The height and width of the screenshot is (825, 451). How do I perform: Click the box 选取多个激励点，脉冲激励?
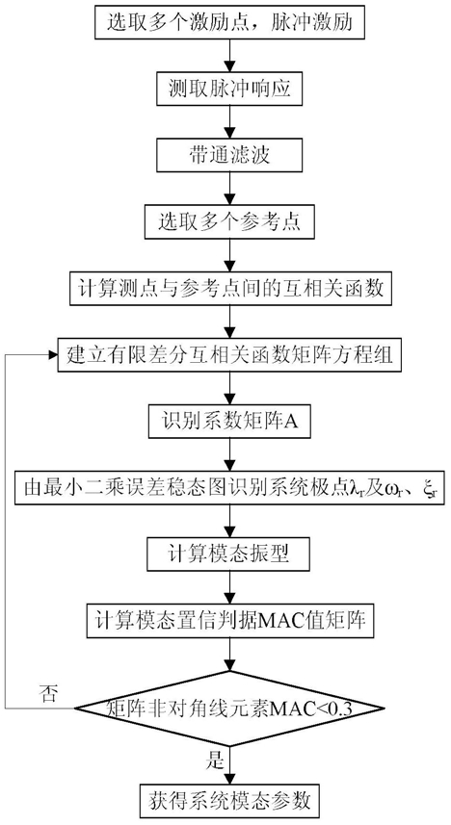(x=229, y=23)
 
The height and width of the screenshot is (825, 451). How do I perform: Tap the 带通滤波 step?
(x=229, y=155)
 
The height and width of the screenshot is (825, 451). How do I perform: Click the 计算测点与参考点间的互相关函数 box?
(x=229, y=289)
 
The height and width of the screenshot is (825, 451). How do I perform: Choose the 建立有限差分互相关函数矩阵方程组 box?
(x=229, y=355)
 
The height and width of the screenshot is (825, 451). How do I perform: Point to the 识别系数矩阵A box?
(x=229, y=422)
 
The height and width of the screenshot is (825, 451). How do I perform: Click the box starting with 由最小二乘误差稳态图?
(x=229, y=488)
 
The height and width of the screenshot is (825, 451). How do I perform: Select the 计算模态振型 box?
(x=229, y=554)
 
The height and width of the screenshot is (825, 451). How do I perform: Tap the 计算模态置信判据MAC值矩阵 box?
(x=229, y=621)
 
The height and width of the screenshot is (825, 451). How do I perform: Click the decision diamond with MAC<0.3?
(x=229, y=708)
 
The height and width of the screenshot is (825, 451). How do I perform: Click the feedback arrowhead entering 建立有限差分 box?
(x=52, y=355)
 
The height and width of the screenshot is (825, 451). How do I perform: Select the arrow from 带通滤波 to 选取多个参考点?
(x=229, y=189)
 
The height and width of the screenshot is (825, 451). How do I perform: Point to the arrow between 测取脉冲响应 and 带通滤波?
(x=229, y=121)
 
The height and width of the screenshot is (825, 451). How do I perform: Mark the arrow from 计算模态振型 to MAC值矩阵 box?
(x=229, y=588)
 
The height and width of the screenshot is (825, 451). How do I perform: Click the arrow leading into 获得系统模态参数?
(x=229, y=764)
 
